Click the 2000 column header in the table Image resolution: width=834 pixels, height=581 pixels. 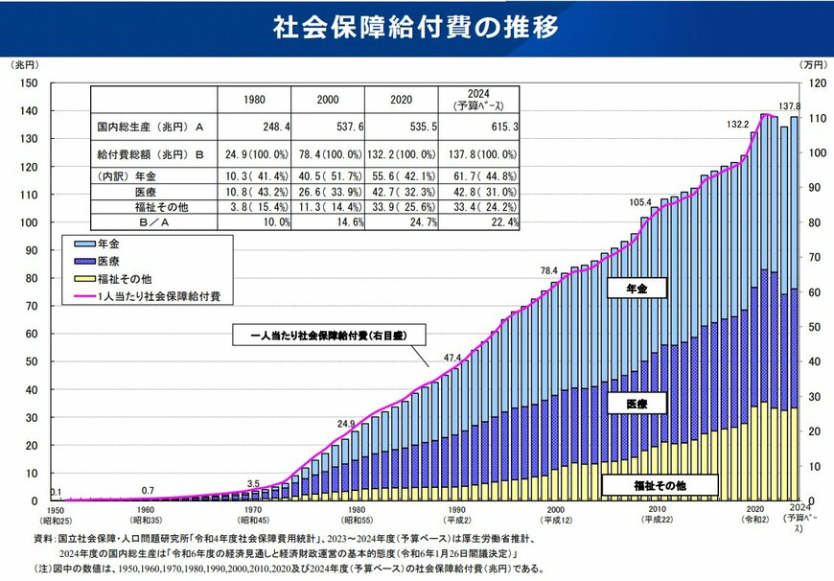click(326, 99)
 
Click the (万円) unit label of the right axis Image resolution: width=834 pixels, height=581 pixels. click(811, 64)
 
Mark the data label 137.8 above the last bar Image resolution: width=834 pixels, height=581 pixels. click(788, 106)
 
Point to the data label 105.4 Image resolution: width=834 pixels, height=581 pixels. click(640, 202)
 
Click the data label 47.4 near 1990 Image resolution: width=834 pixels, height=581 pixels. click(453, 359)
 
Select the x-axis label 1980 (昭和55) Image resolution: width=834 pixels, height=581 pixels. click(356, 516)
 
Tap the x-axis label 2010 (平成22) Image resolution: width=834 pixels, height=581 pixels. click(657, 516)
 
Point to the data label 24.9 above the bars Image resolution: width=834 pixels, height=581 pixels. click(347, 423)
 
